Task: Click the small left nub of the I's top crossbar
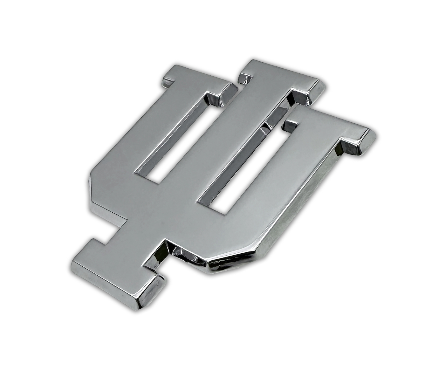click(x=245, y=78)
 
